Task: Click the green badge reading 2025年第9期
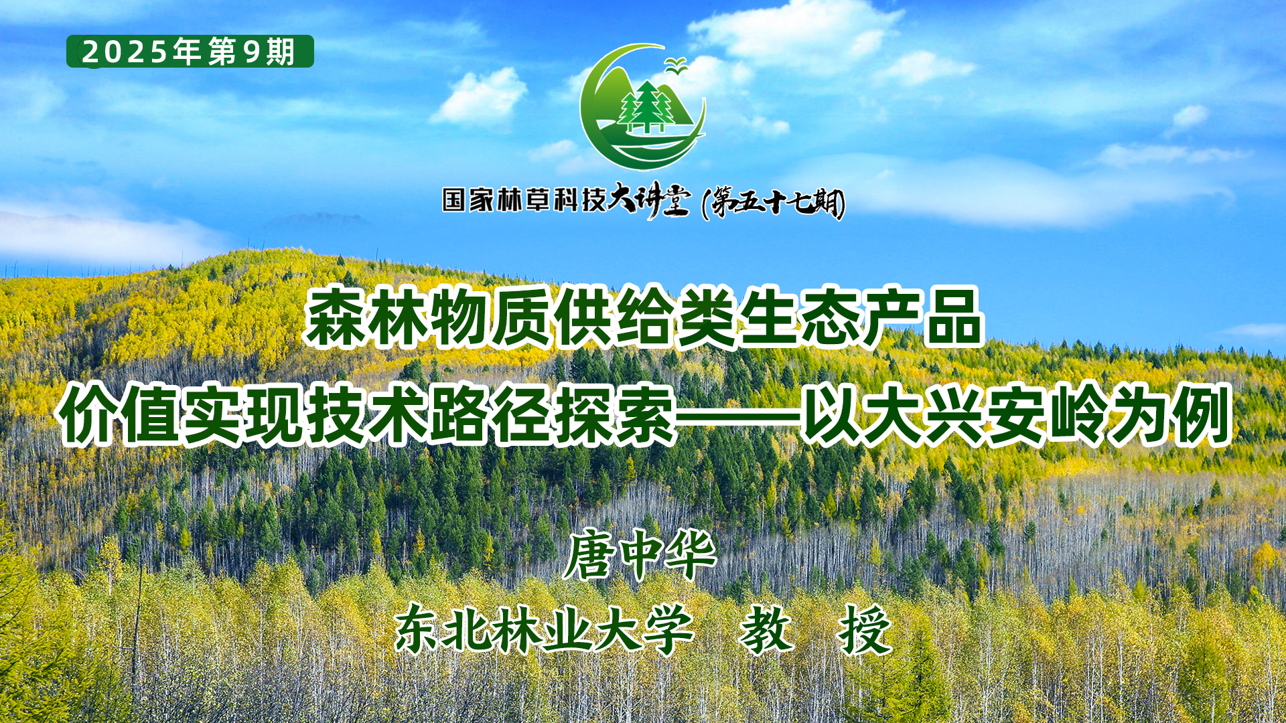tap(190, 52)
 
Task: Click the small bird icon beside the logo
tap(677, 65)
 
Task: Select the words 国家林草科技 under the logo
tap(524, 199)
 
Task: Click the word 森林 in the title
tap(366, 317)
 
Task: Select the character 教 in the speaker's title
tap(766, 629)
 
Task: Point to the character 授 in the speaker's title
tap(865, 629)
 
